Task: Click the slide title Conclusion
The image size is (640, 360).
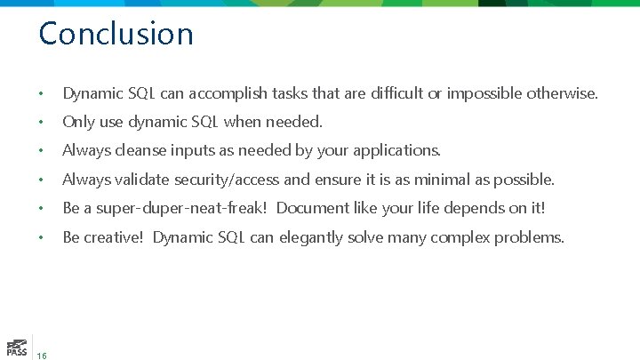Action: click(116, 34)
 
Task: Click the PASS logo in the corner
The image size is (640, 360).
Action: click(15, 347)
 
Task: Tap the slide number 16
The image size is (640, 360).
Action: click(43, 356)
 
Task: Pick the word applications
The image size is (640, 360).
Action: click(397, 151)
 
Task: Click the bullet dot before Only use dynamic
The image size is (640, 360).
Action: click(41, 123)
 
